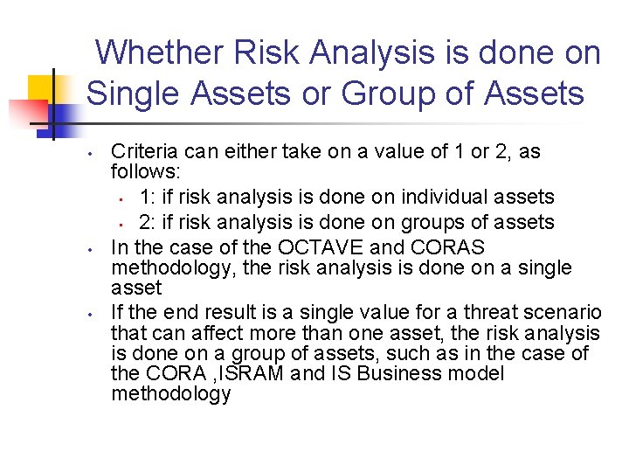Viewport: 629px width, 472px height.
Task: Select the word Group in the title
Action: pyautogui.click(x=393, y=93)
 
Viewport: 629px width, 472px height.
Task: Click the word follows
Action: pyautogui.click(x=143, y=172)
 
